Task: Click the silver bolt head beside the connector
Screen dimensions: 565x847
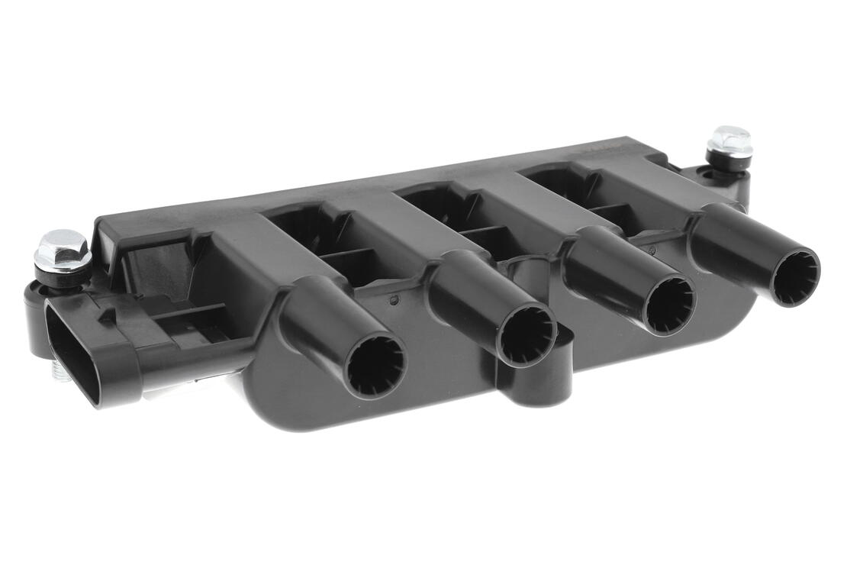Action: click(63, 250)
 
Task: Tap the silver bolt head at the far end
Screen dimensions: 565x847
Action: click(729, 140)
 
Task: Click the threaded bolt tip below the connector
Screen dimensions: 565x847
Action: click(61, 374)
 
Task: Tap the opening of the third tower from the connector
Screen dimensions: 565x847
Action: click(669, 305)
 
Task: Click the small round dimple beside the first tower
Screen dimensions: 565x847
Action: click(394, 300)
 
